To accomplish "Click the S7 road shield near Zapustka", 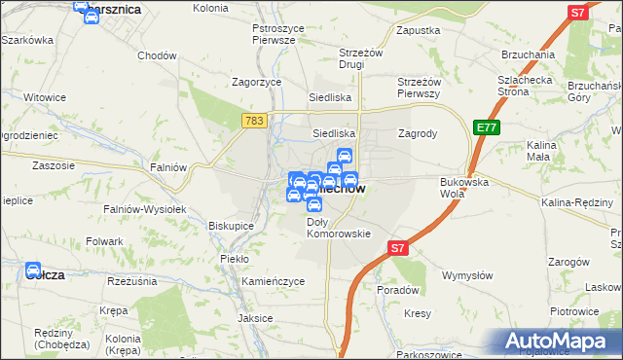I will tap(578, 13).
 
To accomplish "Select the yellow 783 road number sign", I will tap(254, 120).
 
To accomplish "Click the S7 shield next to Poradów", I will tap(397, 249).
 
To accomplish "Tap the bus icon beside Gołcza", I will tap(33, 270).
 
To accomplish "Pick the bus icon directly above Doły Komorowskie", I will tap(314, 204).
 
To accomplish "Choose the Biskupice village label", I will tap(232, 225).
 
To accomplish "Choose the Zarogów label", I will tap(569, 262).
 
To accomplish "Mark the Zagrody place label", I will tap(418, 132).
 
